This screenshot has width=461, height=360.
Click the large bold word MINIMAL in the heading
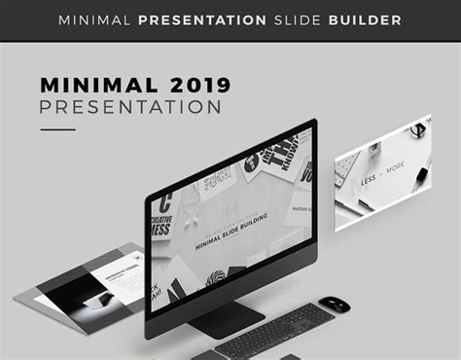point(104,85)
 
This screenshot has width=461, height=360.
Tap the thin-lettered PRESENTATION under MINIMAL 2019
point(130,107)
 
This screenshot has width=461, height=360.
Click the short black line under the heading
point(57,129)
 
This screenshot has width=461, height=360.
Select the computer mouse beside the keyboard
point(333,305)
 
